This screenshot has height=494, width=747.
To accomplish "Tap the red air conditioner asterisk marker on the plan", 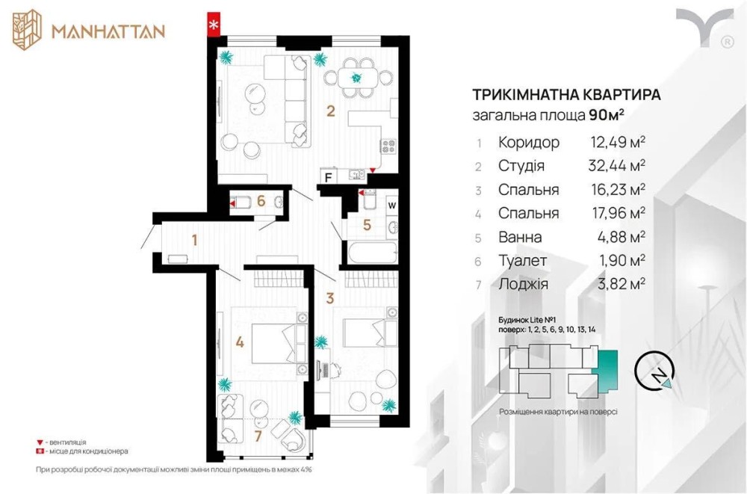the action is tap(214, 25).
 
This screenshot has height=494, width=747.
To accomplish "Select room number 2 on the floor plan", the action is tap(331, 111).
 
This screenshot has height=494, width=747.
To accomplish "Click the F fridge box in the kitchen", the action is tap(329, 177).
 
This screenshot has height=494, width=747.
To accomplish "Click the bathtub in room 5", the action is tap(372, 253).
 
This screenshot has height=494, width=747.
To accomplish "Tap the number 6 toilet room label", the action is tap(261, 201).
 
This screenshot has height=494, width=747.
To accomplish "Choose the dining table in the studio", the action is tap(358, 78).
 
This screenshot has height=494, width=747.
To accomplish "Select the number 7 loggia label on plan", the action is tap(258, 436).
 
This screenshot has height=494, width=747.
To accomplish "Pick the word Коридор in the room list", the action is tap(529, 142).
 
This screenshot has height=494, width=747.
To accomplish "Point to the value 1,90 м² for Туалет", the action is tap(622, 260).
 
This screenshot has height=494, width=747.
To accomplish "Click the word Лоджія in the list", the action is tap(523, 284).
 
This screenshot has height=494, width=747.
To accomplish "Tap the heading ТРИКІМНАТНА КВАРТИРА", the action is tap(566, 94).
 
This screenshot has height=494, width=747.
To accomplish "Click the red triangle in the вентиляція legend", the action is tap(40, 442).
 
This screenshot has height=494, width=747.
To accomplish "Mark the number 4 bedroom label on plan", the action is tap(240, 342).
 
